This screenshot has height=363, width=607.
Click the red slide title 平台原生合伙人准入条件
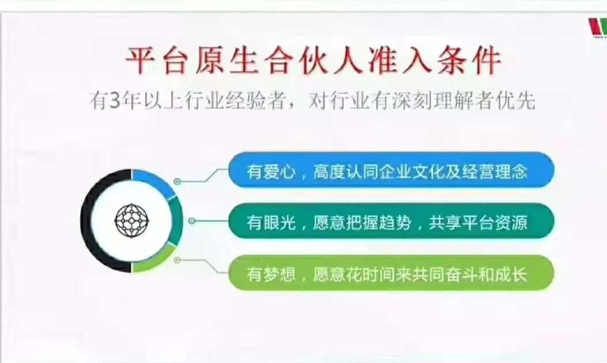point(313,61)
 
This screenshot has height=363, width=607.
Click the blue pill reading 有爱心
point(391,170)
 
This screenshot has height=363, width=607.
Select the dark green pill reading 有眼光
point(391,222)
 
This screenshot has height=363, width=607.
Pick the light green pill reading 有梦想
point(391,274)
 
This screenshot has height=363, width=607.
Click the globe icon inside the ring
point(131,221)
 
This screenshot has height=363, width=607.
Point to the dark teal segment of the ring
point(176,221)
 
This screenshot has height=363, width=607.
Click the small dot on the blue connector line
point(177,181)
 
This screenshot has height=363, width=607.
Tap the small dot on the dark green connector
point(191,221)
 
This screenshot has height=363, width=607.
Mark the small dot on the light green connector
point(177,260)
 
